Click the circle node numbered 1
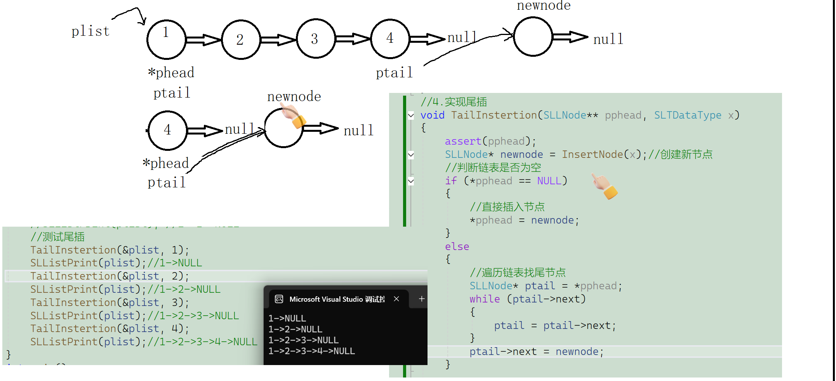166,39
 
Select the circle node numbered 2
241,39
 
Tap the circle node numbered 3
316,38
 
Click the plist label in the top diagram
90,31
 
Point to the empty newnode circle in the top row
533,37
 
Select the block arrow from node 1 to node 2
203,40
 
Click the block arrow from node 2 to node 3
278,40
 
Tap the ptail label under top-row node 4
394,73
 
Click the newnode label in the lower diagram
294,96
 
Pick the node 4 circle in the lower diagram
168,130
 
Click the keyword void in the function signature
432,115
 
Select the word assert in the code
463,142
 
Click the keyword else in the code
457,247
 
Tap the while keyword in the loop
485,299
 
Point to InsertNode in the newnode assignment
592,155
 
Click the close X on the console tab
396,299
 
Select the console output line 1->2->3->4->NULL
311,351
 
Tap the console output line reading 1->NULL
287,318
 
